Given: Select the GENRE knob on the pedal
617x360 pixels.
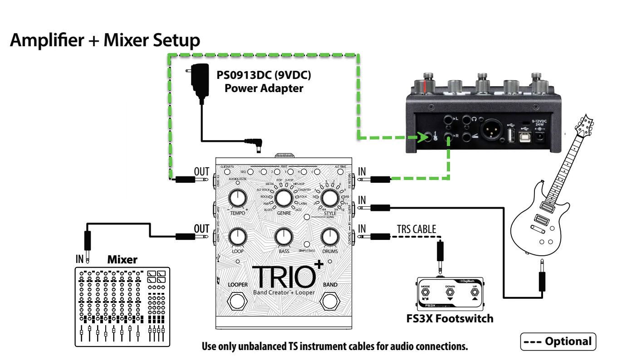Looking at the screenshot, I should (x=284, y=198).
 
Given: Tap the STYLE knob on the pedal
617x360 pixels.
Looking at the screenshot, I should (x=330, y=198).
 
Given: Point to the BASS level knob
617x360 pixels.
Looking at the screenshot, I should (x=284, y=236).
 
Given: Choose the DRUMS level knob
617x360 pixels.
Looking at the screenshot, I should (x=330, y=236).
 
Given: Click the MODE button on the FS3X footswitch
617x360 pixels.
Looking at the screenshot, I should (x=426, y=293).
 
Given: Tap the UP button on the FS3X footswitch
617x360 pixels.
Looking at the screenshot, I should (x=474, y=293).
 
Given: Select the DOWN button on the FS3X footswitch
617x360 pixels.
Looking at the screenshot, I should (x=450, y=293).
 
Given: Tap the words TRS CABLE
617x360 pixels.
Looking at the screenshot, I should (x=416, y=229).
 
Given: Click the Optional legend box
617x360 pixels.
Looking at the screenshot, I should (x=558, y=341).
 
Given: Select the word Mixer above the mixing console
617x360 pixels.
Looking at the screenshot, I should (x=122, y=260).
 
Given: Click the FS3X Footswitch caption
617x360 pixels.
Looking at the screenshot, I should (x=450, y=318).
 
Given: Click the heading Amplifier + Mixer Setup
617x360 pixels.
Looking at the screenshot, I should (x=105, y=41).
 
